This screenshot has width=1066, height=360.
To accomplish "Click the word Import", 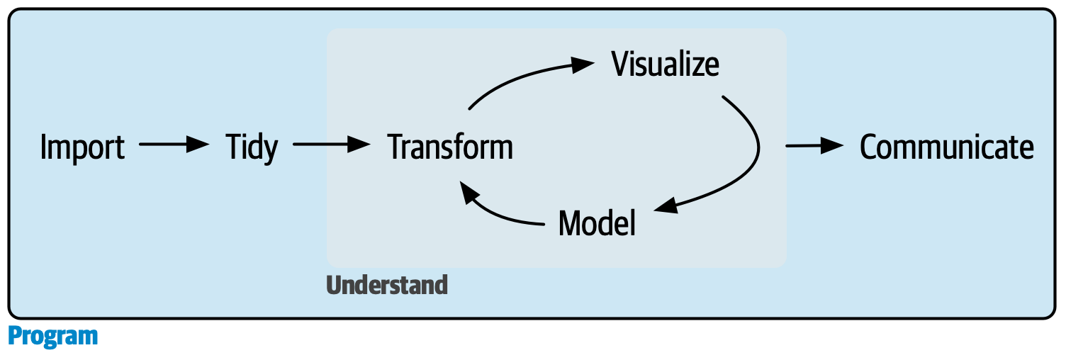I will tap(83, 147).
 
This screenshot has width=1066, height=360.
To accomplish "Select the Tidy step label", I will tap(252, 147).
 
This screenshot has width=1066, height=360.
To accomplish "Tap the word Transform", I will tap(450, 147).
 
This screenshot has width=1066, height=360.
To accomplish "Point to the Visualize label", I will tap(665, 64).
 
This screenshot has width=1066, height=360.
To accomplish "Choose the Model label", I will tap(597, 223).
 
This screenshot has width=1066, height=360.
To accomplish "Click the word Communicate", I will tap(946, 147).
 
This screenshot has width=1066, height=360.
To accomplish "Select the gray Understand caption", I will tap(387, 285).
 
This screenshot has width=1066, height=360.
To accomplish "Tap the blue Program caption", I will tap(53, 336).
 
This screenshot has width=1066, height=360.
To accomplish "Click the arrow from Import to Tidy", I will tap(174, 145).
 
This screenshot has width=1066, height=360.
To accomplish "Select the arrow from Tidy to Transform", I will tap(331, 145).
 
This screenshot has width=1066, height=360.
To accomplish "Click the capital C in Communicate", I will tap(870, 147).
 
